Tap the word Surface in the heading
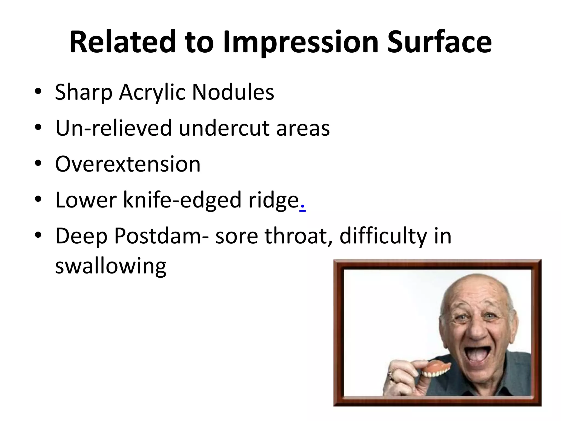pos(439,42)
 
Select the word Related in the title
pos(122,42)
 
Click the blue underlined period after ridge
pos(302,207)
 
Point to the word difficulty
pos(383,236)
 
